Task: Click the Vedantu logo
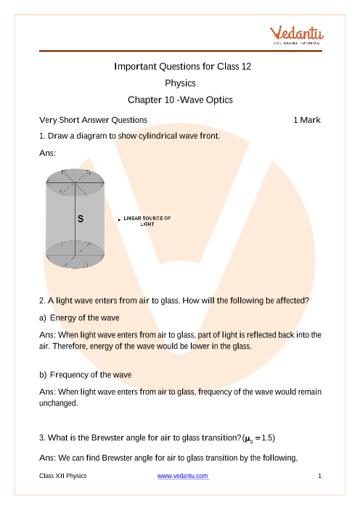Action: coord(296,35)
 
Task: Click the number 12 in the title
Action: coord(246,66)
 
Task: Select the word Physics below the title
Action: coord(180,84)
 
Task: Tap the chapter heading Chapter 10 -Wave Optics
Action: coord(180,100)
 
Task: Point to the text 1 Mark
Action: coord(307,120)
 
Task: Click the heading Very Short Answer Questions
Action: coord(93,120)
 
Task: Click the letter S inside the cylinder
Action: coord(81,219)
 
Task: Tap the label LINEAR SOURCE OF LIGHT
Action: coord(147,221)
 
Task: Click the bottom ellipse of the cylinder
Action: coord(75,267)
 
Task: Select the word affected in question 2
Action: coord(292,301)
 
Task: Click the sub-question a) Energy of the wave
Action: coord(79,317)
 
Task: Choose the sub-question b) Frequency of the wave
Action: coord(86,375)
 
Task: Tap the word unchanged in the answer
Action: coord(59,403)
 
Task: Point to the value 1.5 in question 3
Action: coord(267,438)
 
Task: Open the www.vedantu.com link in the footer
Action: coord(183,476)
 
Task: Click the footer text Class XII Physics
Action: coord(63,476)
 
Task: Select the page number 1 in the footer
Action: coord(319,476)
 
